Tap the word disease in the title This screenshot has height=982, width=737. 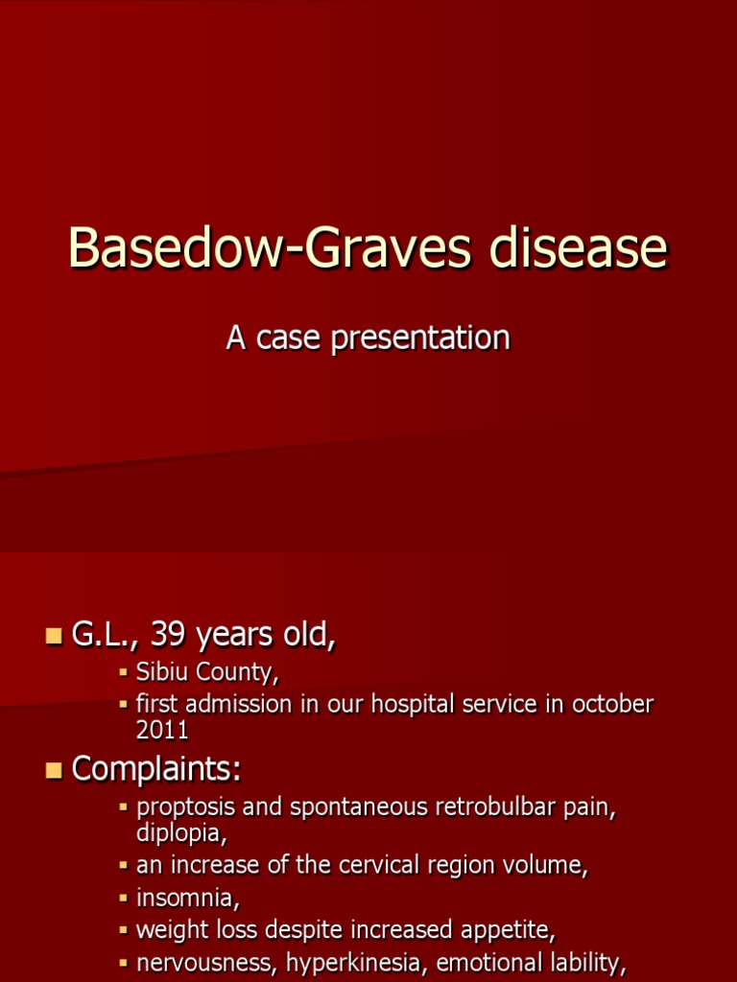click(578, 248)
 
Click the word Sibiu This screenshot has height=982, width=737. click(163, 673)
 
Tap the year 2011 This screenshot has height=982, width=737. click(162, 730)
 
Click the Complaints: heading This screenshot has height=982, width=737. click(156, 768)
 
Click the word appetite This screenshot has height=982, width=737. click(511, 930)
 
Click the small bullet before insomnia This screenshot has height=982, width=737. click(123, 900)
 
